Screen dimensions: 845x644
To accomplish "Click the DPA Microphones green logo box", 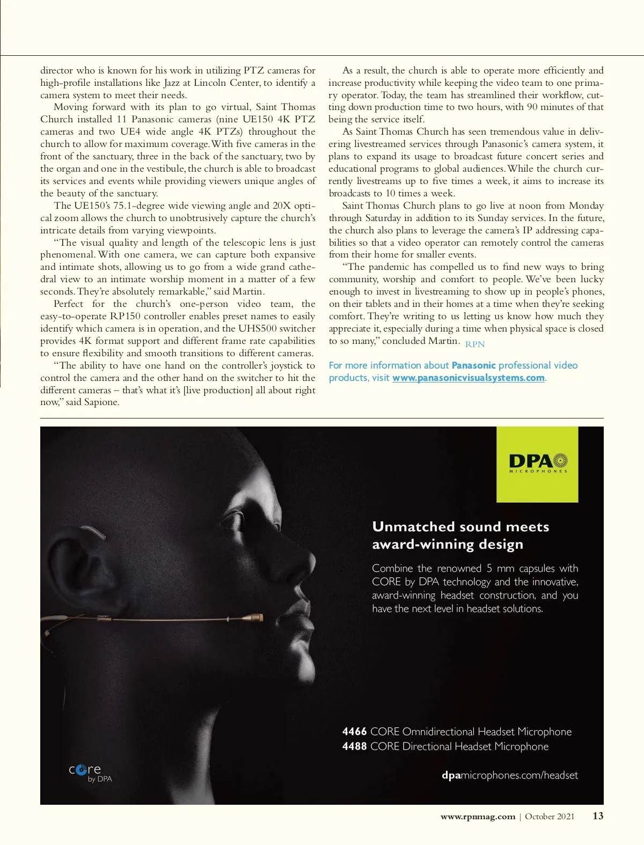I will [537, 464].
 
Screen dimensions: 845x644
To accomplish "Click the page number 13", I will [598, 816].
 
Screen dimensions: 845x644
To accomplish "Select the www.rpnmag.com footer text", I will [478, 817].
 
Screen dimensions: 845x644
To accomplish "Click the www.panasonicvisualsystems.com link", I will [468, 378].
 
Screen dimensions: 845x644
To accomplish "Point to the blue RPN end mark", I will [475, 344].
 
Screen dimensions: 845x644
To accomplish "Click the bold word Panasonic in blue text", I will [473, 365].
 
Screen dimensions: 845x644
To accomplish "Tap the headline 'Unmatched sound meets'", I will [460, 527].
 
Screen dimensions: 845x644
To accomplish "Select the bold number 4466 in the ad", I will [354, 732].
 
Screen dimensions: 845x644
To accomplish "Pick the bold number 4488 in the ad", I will [354, 746].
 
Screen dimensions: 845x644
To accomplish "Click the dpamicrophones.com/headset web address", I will [509, 775].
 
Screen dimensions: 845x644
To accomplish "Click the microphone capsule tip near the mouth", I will [258, 618].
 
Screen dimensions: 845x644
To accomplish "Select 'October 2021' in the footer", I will [549, 817].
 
